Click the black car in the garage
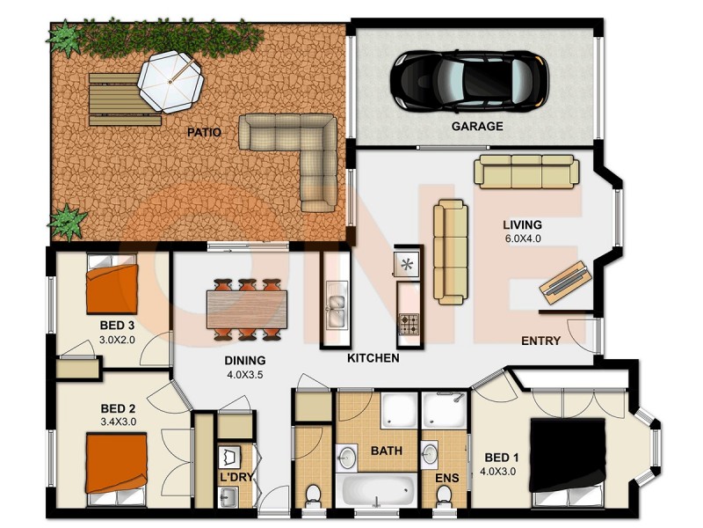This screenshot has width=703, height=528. tap(469, 78)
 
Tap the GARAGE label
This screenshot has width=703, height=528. tap(477, 126)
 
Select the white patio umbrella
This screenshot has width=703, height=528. tap(172, 80)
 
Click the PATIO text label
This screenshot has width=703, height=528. tap(203, 133)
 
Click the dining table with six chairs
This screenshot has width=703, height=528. tap(247, 309)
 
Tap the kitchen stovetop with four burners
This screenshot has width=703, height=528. tap(409, 324)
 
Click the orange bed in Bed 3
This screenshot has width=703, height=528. tap(112, 288)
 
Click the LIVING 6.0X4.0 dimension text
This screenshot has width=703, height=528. tap(522, 238)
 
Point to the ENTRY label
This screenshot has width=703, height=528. tap(541, 341)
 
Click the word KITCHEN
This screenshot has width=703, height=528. tap(373, 358)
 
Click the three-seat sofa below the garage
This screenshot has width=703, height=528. tap(526, 171)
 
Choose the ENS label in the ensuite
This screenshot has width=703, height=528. tap(446, 478)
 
